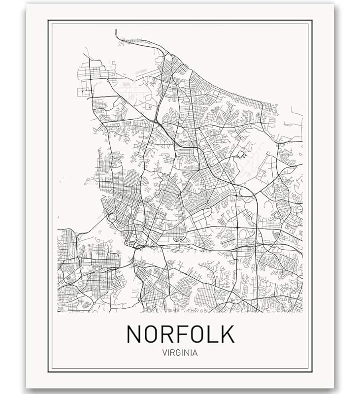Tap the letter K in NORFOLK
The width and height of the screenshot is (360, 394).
[x=226, y=334]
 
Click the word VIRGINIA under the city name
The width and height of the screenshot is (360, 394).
[x=180, y=353]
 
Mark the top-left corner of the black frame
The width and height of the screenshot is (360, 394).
[x=48, y=21]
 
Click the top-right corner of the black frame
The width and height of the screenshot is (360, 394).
[x=312, y=21]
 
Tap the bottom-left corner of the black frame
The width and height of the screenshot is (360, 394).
[x=48, y=371]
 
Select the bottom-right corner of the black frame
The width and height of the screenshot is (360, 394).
[x=312, y=371]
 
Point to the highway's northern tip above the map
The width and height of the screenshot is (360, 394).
[x=116, y=31]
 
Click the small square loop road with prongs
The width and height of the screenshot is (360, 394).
[x=241, y=155]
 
